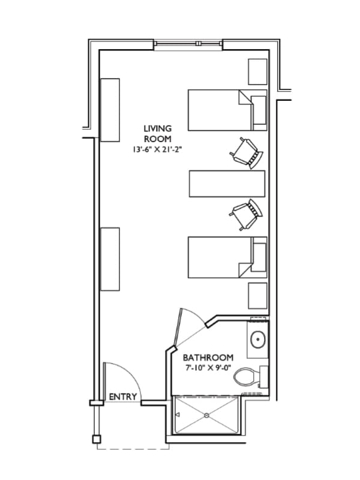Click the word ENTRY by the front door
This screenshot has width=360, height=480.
click(x=123, y=397)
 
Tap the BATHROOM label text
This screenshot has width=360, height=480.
click(x=208, y=358)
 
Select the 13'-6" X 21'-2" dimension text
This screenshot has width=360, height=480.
click(x=157, y=149)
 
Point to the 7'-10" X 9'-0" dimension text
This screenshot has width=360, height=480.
click(x=208, y=367)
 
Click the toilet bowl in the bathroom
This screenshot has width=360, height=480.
click(x=245, y=377)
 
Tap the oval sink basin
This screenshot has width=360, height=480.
click(x=258, y=339)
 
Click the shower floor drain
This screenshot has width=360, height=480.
click(x=206, y=415)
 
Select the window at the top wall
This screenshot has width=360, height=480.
click(x=188, y=44)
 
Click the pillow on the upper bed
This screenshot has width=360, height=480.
click(x=259, y=110)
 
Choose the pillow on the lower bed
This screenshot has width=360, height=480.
click(x=259, y=257)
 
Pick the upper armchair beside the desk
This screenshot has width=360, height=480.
click(x=247, y=153)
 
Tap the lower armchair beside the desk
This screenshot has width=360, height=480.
click(x=246, y=214)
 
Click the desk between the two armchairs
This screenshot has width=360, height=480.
click(x=227, y=184)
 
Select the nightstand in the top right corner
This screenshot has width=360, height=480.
click(x=257, y=72)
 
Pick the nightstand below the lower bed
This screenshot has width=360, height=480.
click(x=258, y=296)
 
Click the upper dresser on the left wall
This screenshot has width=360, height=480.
click(x=110, y=110)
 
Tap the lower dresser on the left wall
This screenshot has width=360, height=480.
click(x=110, y=259)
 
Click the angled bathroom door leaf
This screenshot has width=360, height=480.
click(x=179, y=328)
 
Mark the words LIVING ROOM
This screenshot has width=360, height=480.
click(x=158, y=134)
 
